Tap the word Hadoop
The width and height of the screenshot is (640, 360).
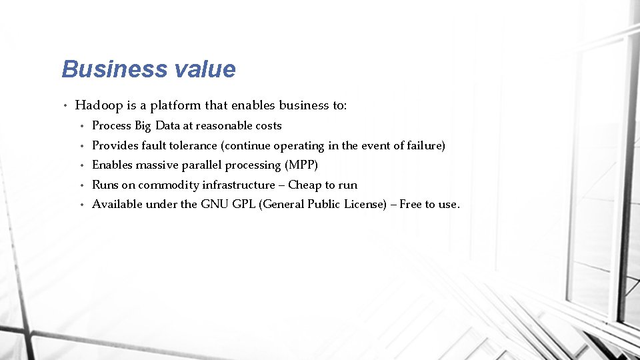coord(99,105)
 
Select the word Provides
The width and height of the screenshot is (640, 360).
coord(115,145)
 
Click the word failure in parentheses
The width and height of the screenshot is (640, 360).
coord(423,145)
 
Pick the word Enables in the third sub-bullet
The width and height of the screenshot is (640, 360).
coord(112,165)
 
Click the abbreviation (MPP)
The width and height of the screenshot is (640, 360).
coord(301,165)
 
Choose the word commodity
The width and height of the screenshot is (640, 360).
coord(163,185)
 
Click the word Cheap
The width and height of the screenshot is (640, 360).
coord(305,185)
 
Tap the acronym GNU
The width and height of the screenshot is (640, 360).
coord(214,204)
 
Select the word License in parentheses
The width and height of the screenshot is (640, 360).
coord(365,204)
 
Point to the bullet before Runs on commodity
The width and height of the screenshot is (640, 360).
coord(81,185)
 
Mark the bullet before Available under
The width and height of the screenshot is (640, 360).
coord(81,204)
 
